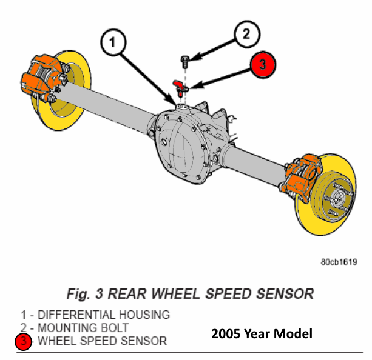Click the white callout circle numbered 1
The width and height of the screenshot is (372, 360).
tap(113, 42)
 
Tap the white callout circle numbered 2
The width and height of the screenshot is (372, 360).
tap(247, 34)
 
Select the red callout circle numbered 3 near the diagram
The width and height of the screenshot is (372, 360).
tap(263, 64)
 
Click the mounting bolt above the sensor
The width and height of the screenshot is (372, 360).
tap(185, 61)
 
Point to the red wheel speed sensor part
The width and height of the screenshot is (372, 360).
tap(180, 88)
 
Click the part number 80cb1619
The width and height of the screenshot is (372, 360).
tap(339, 262)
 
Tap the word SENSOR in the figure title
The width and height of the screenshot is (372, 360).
tap(285, 294)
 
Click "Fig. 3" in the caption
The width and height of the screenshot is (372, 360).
tap(85, 294)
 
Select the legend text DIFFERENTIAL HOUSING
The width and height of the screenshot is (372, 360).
tap(104, 315)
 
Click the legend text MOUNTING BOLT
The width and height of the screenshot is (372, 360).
tap(83, 328)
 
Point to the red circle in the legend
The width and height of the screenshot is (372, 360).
tap(23, 341)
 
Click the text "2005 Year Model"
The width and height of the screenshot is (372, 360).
tap(262, 334)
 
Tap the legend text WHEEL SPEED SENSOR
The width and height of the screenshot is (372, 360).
tap(103, 341)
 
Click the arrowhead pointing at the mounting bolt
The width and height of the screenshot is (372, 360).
tap(195, 57)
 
